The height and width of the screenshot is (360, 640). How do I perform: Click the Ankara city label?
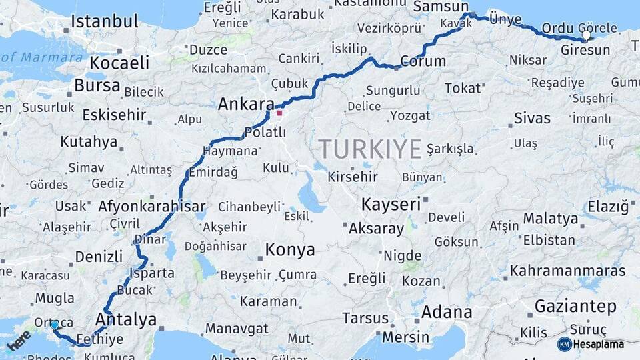(x=247, y=105)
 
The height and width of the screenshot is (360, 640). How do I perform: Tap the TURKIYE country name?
(x=369, y=149)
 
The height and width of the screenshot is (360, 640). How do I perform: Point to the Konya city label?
(x=290, y=250)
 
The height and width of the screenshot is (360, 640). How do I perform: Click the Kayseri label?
(x=391, y=203)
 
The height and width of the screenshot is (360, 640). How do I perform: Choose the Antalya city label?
(x=126, y=319)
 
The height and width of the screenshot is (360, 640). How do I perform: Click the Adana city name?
(x=447, y=311)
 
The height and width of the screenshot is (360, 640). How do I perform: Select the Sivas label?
(x=533, y=119)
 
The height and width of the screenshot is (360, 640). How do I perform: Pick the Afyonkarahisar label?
(x=152, y=207)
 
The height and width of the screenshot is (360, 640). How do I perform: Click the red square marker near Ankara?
(x=279, y=113)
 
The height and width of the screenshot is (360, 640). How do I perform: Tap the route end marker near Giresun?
(x=586, y=37)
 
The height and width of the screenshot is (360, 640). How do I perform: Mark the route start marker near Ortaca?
(x=55, y=325)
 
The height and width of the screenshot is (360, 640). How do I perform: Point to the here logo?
(x=19, y=341)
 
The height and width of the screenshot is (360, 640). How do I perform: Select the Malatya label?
(x=551, y=219)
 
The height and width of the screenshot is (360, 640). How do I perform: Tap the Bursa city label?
(x=97, y=86)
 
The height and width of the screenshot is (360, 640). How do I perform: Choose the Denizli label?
(x=99, y=257)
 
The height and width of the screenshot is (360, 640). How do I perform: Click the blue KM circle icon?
(x=564, y=344)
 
